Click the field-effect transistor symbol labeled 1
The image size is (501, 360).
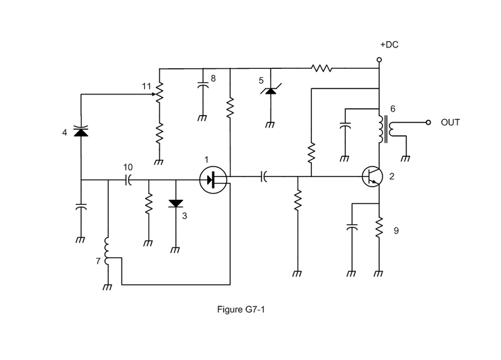point(213,180)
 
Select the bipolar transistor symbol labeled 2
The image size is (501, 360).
point(373,177)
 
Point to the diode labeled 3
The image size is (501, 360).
point(176,203)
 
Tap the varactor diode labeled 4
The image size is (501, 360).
point(81,131)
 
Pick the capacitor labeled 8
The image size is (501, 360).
point(203,85)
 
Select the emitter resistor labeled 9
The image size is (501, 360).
point(379,227)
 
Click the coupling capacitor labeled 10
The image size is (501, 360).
point(128,180)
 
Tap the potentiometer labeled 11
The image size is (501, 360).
point(159,92)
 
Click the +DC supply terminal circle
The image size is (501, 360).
point(380,59)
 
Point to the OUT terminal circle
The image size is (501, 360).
point(428,122)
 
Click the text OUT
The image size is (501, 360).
point(450,122)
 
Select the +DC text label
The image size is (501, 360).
point(389,44)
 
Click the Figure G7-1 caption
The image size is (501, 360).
point(241,309)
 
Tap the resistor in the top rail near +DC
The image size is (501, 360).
point(321,68)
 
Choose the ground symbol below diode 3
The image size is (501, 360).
point(175,250)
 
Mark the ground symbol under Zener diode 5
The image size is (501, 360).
point(270,125)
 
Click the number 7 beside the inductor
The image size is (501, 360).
point(98,261)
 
